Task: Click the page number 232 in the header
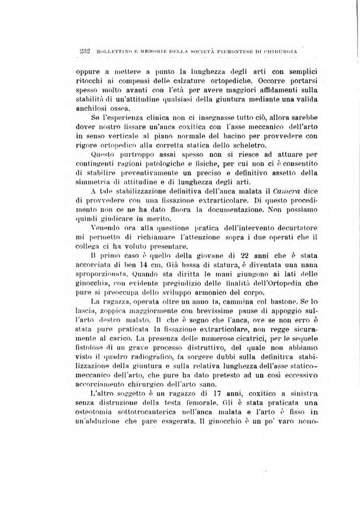coord(79,52)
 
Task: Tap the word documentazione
coord(193,208)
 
